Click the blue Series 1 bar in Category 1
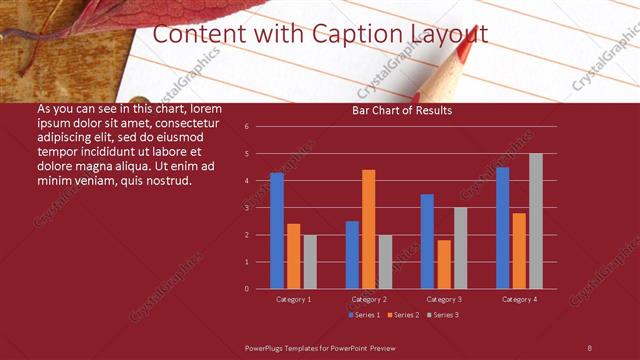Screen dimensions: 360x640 tap(277, 231)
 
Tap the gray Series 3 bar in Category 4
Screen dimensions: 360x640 tap(536, 221)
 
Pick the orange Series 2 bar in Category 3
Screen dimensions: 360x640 tap(444, 264)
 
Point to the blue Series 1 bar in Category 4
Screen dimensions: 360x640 tap(502, 228)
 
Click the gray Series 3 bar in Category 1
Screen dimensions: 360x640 tap(310, 262)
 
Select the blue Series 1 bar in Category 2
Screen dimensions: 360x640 tap(352, 255)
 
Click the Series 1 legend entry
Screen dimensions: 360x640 tap(364, 315)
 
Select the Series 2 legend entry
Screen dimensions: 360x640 tap(403, 315)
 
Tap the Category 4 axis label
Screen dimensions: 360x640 tap(519, 299)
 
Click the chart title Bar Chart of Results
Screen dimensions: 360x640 tap(402, 110)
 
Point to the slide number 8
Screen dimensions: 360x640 tap(589, 346)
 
